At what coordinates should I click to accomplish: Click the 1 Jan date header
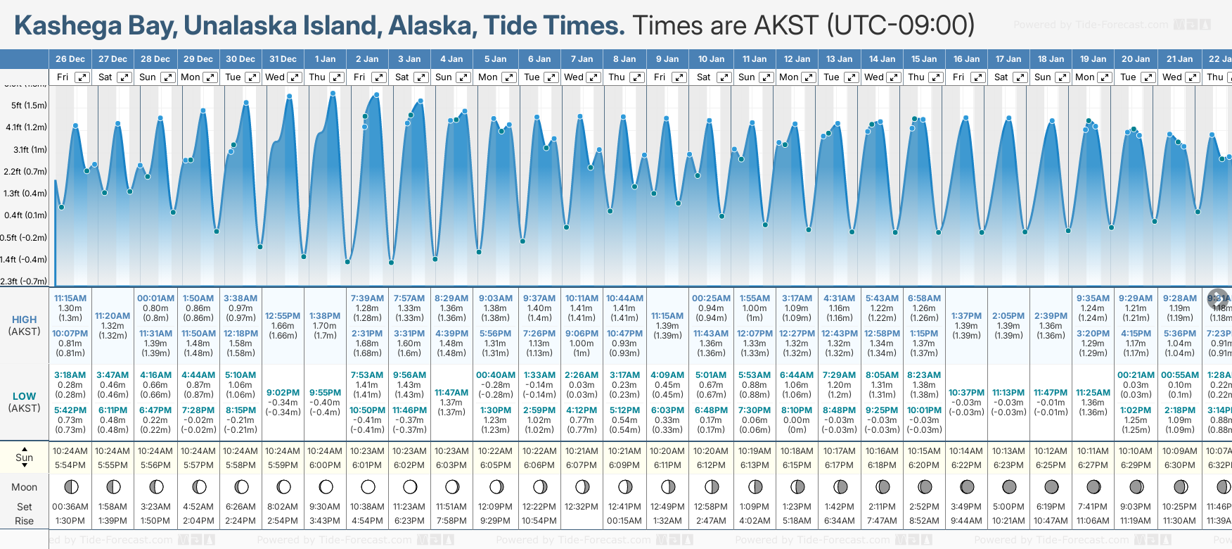pyautogui.click(x=325, y=59)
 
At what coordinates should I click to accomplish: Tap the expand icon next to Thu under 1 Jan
pyautogui.click(x=337, y=77)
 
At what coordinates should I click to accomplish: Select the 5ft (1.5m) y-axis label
pyautogui.click(x=29, y=106)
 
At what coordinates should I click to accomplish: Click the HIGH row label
pyautogui.click(x=24, y=320)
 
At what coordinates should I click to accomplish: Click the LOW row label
pyautogui.click(x=24, y=396)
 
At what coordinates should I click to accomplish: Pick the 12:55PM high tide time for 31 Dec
pyautogui.click(x=283, y=316)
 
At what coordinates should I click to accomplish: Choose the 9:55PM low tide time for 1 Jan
pyautogui.click(x=325, y=393)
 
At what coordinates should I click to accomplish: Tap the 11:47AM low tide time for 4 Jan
pyautogui.click(x=451, y=393)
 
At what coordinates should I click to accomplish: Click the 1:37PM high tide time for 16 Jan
pyautogui.click(x=966, y=316)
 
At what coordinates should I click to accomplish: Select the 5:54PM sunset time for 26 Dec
pyautogui.click(x=70, y=465)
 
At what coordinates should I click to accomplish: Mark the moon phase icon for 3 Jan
pyautogui.click(x=410, y=486)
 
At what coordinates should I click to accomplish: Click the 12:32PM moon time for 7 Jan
pyautogui.click(x=582, y=507)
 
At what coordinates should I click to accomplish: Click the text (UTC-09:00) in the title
pyautogui.click(x=901, y=26)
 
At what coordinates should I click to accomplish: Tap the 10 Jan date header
pyautogui.click(x=711, y=59)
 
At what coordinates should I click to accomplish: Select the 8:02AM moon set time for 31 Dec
pyautogui.click(x=283, y=507)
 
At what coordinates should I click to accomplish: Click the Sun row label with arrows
pyautogui.click(x=24, y=457)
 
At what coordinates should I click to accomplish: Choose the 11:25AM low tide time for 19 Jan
pyautogui.click(x=1093, y=393)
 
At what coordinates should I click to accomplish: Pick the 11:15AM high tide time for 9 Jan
pyautogui.click(x=667, y=316)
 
